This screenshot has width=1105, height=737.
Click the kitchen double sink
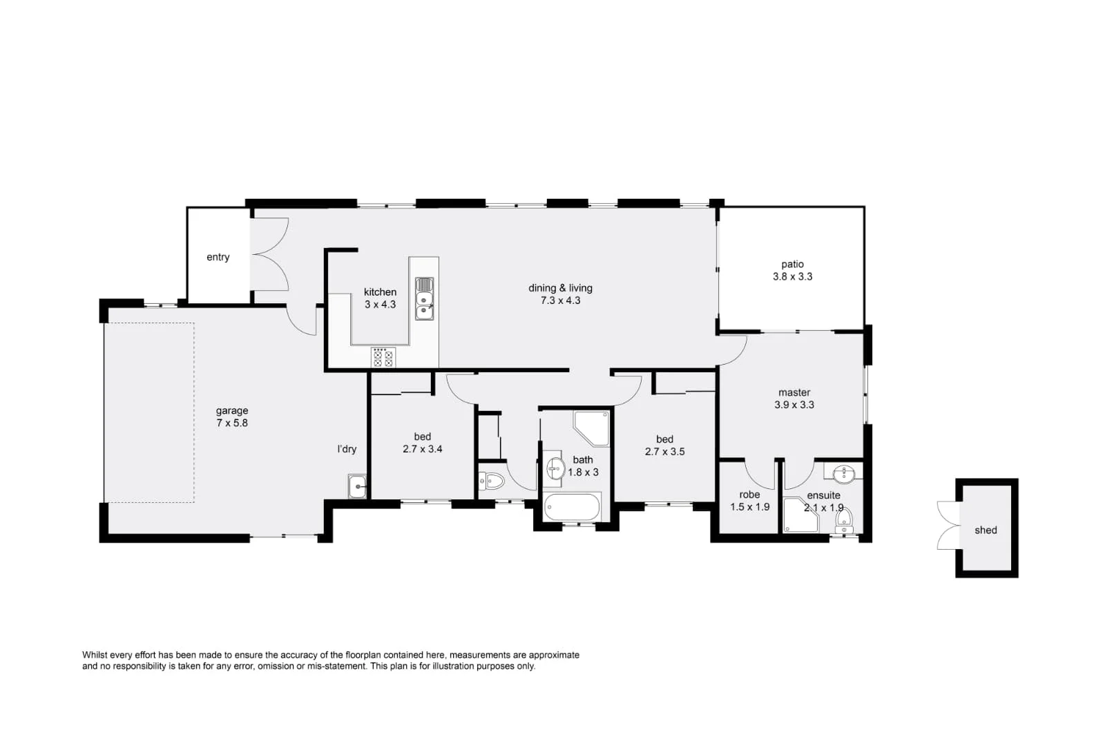(x=424, y=298)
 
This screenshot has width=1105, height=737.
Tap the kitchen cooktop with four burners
(x=383, y=357)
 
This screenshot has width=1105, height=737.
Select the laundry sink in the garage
(x=357, y=486)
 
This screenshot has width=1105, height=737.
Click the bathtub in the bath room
(x=572, y=507)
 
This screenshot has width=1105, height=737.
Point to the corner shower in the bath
(x=593, y=427)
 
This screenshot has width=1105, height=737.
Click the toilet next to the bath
(x=492, y=480)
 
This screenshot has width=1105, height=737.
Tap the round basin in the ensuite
(x=844, y=474)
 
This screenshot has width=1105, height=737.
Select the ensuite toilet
(x=844, y=519)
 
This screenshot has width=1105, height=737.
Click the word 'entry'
(x=218, y=257)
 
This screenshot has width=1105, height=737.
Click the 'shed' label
(x=986, y=530)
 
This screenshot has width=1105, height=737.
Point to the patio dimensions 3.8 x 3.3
(x=792, y=276)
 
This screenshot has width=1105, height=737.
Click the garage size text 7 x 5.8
(x=231, y=423)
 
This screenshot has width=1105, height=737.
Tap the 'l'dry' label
(x=347, y=449)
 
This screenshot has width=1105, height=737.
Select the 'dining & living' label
(x=560, y=288)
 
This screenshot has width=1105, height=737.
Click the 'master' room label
(x=794, y=392)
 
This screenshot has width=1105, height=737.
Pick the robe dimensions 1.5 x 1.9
(x=749, y=507)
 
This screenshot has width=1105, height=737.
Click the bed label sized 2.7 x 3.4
(x=422, y=437)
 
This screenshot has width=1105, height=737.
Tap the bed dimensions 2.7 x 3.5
(x=664, y=452)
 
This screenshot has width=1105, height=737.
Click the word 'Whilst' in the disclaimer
(x=95, y=655)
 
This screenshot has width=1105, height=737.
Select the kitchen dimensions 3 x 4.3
(x=380, y=305)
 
